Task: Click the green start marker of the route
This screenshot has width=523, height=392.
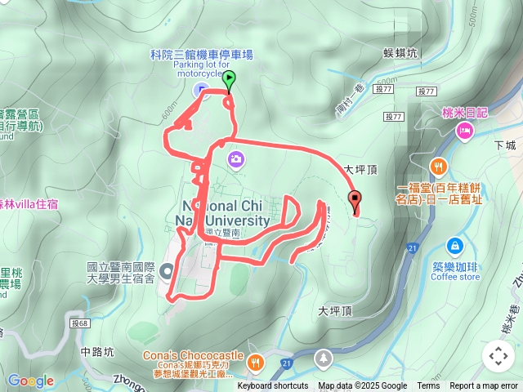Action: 229,80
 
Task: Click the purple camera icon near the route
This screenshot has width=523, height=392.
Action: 235,158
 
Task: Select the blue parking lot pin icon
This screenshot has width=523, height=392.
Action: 203,90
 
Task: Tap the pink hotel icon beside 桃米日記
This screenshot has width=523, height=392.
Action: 465,131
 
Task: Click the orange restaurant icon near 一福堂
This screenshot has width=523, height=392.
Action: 439,167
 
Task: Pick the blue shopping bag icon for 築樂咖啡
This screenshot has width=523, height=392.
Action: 455,246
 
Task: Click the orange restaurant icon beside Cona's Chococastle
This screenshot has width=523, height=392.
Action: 256,361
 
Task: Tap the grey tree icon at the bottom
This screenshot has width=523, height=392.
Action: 324,358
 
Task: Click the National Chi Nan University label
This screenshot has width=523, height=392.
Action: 222,212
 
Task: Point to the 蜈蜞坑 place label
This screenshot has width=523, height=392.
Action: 400,53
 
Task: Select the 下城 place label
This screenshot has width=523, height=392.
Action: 506,145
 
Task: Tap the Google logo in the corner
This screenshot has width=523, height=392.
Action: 30,381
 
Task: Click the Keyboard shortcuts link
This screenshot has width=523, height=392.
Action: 273,386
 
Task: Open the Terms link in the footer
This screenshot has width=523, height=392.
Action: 428,386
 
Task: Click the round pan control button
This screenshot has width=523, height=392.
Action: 498,356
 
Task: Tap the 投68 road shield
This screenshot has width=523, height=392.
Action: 79,323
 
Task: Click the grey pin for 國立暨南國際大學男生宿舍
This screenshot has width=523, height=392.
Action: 168,271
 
